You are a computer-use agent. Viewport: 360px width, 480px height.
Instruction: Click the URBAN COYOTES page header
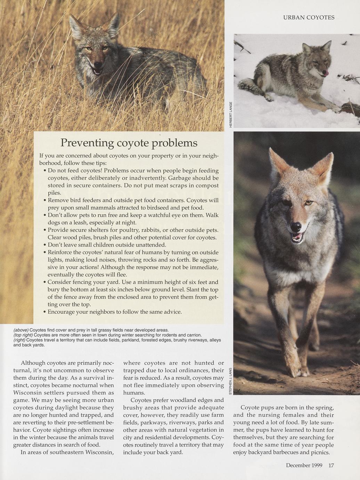pos(309,17)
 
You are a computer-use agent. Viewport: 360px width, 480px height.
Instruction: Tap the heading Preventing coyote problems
pos(129,143)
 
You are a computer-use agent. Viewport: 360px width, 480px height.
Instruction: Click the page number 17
pos(331,465)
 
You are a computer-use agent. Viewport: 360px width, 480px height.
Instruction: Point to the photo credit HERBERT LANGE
pos(230,114)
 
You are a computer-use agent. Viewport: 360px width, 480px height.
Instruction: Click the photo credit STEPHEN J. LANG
pos(230,381)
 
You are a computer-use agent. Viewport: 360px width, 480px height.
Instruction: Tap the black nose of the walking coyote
pos(296,227)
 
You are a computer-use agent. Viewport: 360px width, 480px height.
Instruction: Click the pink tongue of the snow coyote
pos(325,73)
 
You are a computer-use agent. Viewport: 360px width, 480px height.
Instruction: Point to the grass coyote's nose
pos(98,64)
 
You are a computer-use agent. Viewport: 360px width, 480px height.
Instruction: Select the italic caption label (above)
pos(21,330)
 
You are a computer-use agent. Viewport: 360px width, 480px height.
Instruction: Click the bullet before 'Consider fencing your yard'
pos(45,282)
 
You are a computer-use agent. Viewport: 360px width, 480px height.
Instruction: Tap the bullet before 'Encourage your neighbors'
pos(45,312)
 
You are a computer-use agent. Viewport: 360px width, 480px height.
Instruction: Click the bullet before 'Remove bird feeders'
pos(45,201)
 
